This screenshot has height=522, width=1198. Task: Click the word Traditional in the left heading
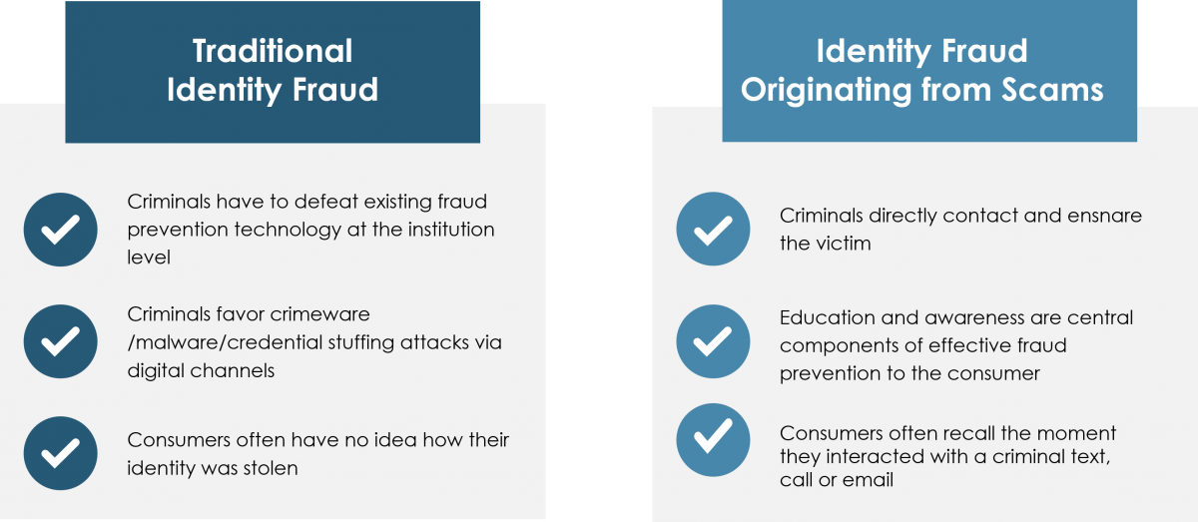tap(272, 51)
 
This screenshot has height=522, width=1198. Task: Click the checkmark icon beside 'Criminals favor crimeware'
tap(61, 342)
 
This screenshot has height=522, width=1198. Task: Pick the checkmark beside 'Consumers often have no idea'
tap(61, 453)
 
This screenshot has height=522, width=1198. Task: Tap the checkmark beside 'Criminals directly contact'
tap(713, 230)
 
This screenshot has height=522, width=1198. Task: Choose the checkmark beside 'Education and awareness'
tap(713, 341)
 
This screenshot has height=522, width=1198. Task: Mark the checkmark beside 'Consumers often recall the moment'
tap(713, 440)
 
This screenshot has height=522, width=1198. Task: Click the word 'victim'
tap(844, 244)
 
